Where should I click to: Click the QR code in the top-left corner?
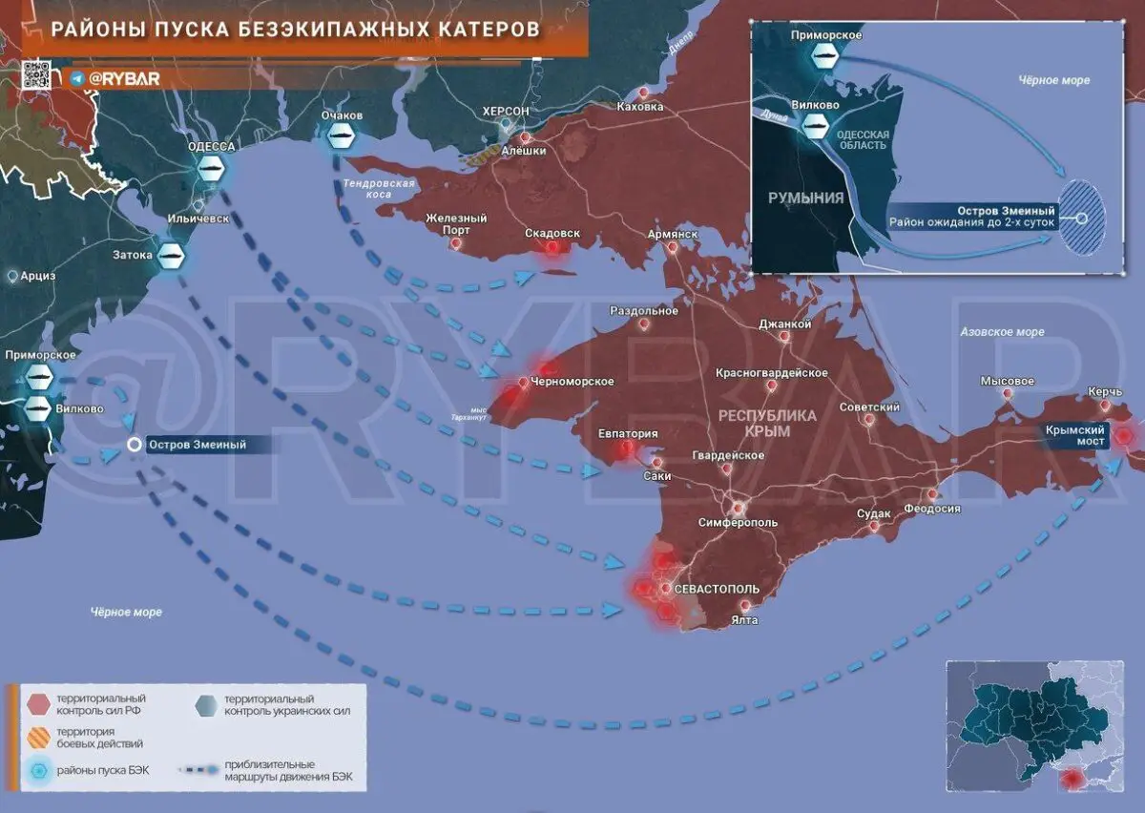pyautogui.click(x=36, y=74)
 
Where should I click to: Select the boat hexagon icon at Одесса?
pyautogui.click(x=212, y=170)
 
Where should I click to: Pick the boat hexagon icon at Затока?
pyautogui.click(x=171, y=255)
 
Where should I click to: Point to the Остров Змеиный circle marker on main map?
pyautogui.click(x=135, y=445)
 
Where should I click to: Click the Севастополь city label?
pyautogui.click(x=716, y=589)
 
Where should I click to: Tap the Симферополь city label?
pyautogui.click(x=738, y=523)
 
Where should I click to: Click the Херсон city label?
pyautogui.click(x=506, y=112)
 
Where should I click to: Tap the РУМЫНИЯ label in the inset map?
pyautogui.click(x=806, y=198)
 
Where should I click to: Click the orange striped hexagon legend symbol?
pyautogui.click(x=38, y=737)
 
